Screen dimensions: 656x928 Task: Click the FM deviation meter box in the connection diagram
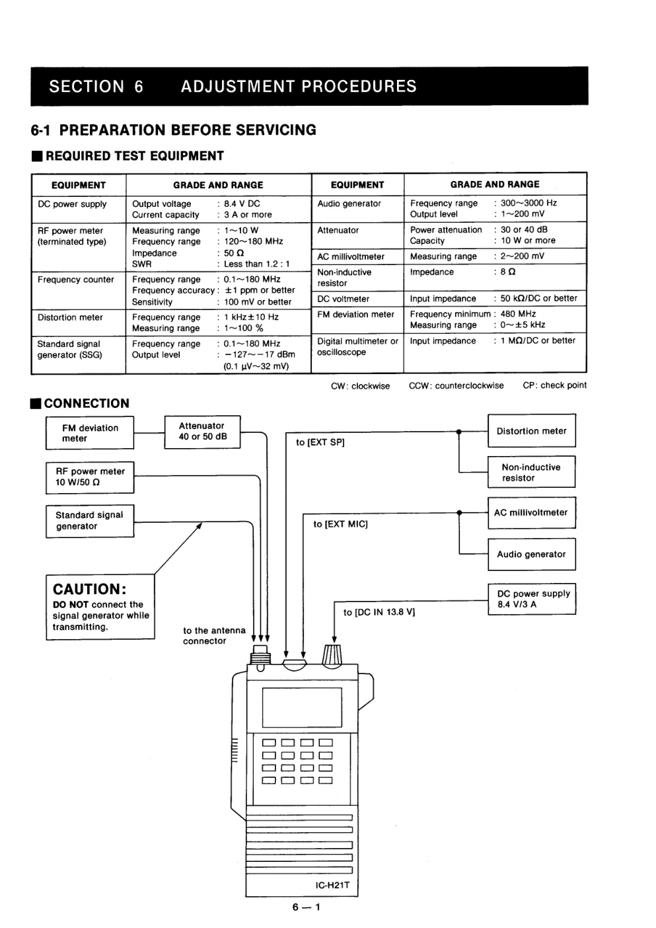tap(90, 433)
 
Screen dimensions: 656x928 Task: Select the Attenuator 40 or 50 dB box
tap(202, 432)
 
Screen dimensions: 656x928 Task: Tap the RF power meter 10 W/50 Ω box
tap(90, 477)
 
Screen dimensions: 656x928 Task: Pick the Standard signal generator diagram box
tap(90, 521)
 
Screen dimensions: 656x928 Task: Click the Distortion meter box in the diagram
tap(532, 431)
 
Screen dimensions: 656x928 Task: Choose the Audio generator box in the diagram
tap(532, 555)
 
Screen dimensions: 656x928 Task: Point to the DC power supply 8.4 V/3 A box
tap(532, 599)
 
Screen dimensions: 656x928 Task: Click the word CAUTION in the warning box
tap(89, 589)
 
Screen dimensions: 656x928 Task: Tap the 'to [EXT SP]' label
tap(320, 442)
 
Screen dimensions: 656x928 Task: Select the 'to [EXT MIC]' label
tap(340, 524)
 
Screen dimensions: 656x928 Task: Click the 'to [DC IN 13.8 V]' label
tap(379, 612)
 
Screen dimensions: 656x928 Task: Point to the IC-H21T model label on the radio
tap(332, 885)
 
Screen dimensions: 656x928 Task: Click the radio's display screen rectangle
tap(302, 708)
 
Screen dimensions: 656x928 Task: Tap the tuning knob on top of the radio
tap(332, 656)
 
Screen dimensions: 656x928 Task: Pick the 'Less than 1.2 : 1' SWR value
tap(257, 264)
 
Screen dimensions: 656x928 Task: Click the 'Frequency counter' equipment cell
tap(75, 280)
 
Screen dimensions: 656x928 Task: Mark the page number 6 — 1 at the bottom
tap(307, 908)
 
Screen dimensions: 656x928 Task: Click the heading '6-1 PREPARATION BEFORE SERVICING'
tap(174, 130)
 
